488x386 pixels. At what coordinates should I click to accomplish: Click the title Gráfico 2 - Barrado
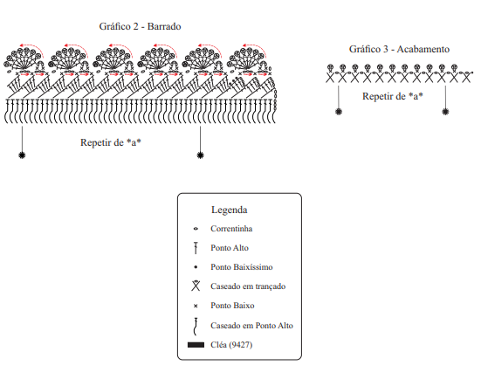(x=140, y=26)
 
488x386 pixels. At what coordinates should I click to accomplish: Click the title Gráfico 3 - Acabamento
(x=399, y=49)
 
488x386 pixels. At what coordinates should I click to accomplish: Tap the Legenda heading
(x=230, y=210)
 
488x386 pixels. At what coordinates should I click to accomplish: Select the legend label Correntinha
(x=231, y=229)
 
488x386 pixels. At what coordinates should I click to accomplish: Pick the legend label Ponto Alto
(x=230, y=248)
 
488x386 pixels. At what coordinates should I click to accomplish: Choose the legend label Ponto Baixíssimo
(x=242, y=267)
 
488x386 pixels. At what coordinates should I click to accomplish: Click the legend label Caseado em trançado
(x=248, y=286)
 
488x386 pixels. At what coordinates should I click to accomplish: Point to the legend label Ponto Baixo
(x=232, y=306)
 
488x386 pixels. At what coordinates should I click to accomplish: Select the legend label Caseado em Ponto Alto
(x=251, y=326)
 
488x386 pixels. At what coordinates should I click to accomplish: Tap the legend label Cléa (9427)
(x=231, y=345)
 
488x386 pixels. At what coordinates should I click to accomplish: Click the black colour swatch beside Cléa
(x=196, y=345)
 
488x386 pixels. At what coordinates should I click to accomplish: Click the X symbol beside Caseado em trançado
(x=196, y=286)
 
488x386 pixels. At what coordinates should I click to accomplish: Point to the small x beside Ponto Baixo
(x=196, y=306)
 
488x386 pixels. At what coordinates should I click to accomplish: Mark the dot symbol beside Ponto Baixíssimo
(x=196, y=267)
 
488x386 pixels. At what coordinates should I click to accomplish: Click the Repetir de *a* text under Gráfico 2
(x=111, y=142)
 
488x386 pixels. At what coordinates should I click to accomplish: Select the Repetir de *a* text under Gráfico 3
(x=393, y=96)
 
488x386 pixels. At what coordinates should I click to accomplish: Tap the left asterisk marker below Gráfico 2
(x=22, y=155)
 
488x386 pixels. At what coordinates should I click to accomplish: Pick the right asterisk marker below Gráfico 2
(x=201, y=155)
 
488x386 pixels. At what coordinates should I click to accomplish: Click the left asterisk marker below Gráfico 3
(x=339, y=112)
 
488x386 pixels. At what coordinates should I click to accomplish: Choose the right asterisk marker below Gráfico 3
(x=446, y=112)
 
